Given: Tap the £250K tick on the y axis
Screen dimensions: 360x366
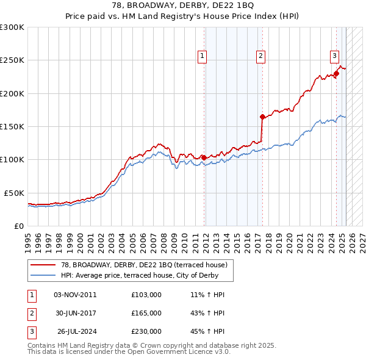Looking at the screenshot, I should [12, 60].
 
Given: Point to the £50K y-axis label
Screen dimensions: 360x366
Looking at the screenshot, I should [14, 193].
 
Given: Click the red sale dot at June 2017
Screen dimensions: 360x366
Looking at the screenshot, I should [262, 117].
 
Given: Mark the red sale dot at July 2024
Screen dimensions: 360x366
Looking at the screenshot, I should [336, 74].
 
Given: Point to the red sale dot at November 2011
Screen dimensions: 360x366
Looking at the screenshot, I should [203, 157].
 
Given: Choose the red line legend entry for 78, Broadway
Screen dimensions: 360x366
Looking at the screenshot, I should [144, 265].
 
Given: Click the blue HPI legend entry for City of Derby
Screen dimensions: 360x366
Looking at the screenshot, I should [144, 275].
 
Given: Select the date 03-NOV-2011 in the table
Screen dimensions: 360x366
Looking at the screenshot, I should [75, 295].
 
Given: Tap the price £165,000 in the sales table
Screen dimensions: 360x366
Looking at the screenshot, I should [146, 313].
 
